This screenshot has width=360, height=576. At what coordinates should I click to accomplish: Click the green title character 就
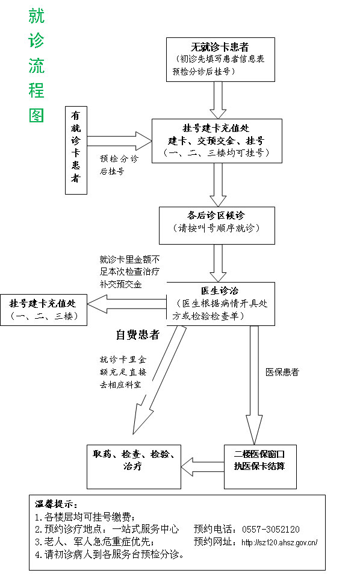point(37,16)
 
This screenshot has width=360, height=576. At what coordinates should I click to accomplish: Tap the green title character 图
point(37,114)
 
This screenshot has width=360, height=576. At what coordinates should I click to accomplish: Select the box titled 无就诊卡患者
point(220,59)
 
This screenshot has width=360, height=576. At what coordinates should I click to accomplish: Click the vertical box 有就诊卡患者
point(75,150)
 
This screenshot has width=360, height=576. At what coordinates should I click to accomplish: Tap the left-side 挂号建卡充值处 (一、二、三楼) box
point(44,310)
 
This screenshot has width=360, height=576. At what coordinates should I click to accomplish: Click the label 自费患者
point(137,334)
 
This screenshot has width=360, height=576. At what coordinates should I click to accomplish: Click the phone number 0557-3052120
point(271,529)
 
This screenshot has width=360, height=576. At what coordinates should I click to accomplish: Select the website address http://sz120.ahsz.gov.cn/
point(279,542)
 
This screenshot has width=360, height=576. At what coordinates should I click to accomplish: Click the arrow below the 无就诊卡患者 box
point(218,99)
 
